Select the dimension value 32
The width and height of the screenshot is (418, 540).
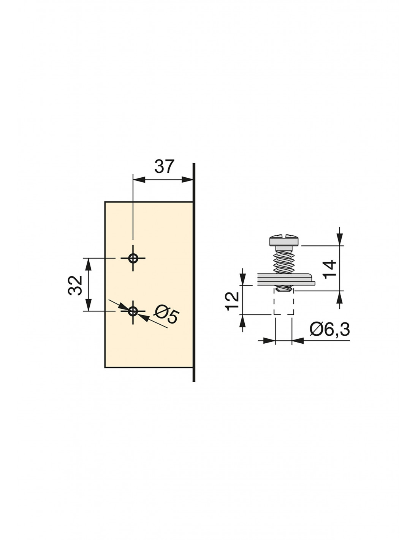(x=75, y=285)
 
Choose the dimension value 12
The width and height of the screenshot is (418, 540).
(x=232, y=301)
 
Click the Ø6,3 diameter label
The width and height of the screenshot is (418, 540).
(x=330, y=330)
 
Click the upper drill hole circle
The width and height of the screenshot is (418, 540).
(x=133, y=258)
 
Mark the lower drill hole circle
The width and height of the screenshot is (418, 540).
(x=133, y=311)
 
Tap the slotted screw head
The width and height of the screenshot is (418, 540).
(x=285, y=240)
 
